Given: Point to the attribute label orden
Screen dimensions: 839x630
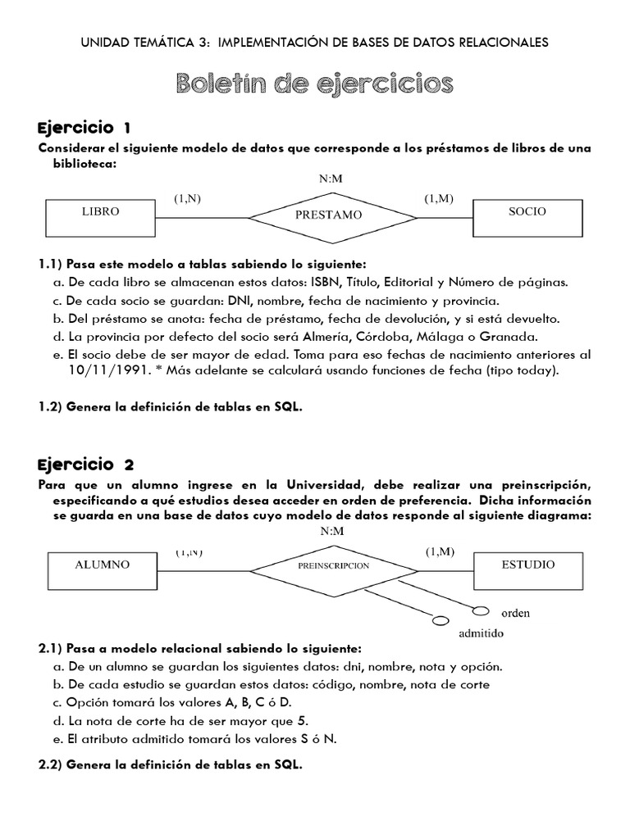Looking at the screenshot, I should pyautogui.click(x=517, y=613).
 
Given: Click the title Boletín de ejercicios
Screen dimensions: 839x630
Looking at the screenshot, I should pyautogui.click(x=314, y=83).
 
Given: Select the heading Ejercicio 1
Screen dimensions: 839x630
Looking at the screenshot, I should pyautogui.click(x=84, y=128).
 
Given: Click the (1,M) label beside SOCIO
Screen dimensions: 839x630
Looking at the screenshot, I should pyautogui.click(x=439, y=198).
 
